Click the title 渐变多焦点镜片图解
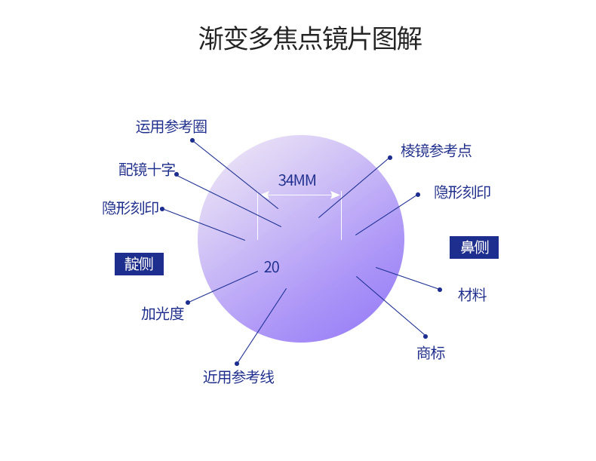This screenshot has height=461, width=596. (310, 38)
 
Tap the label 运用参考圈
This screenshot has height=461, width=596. (171, 127)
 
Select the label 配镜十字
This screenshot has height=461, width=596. (146, 170)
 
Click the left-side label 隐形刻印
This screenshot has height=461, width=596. (131, 208)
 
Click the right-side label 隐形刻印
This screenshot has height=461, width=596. (462, 192)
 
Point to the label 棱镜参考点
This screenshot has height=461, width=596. (436, 151)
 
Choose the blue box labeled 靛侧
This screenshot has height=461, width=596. (139, 264)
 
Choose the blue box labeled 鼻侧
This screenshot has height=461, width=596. (474, 247)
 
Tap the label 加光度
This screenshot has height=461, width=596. (162, 314)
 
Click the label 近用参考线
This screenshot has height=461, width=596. (238, 377)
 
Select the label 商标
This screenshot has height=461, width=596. (431, 352)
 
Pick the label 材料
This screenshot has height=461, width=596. (472, 295)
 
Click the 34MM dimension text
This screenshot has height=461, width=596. (297, 180)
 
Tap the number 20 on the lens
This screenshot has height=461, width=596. (272, 267)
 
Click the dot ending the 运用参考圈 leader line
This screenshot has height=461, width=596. (192, 140)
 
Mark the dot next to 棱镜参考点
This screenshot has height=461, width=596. (391, 158)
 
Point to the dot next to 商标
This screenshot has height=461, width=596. (425, 337)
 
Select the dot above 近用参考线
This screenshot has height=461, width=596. (237, 363)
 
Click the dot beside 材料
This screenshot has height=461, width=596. (440, 289)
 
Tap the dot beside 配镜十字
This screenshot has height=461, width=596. (177, 174)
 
